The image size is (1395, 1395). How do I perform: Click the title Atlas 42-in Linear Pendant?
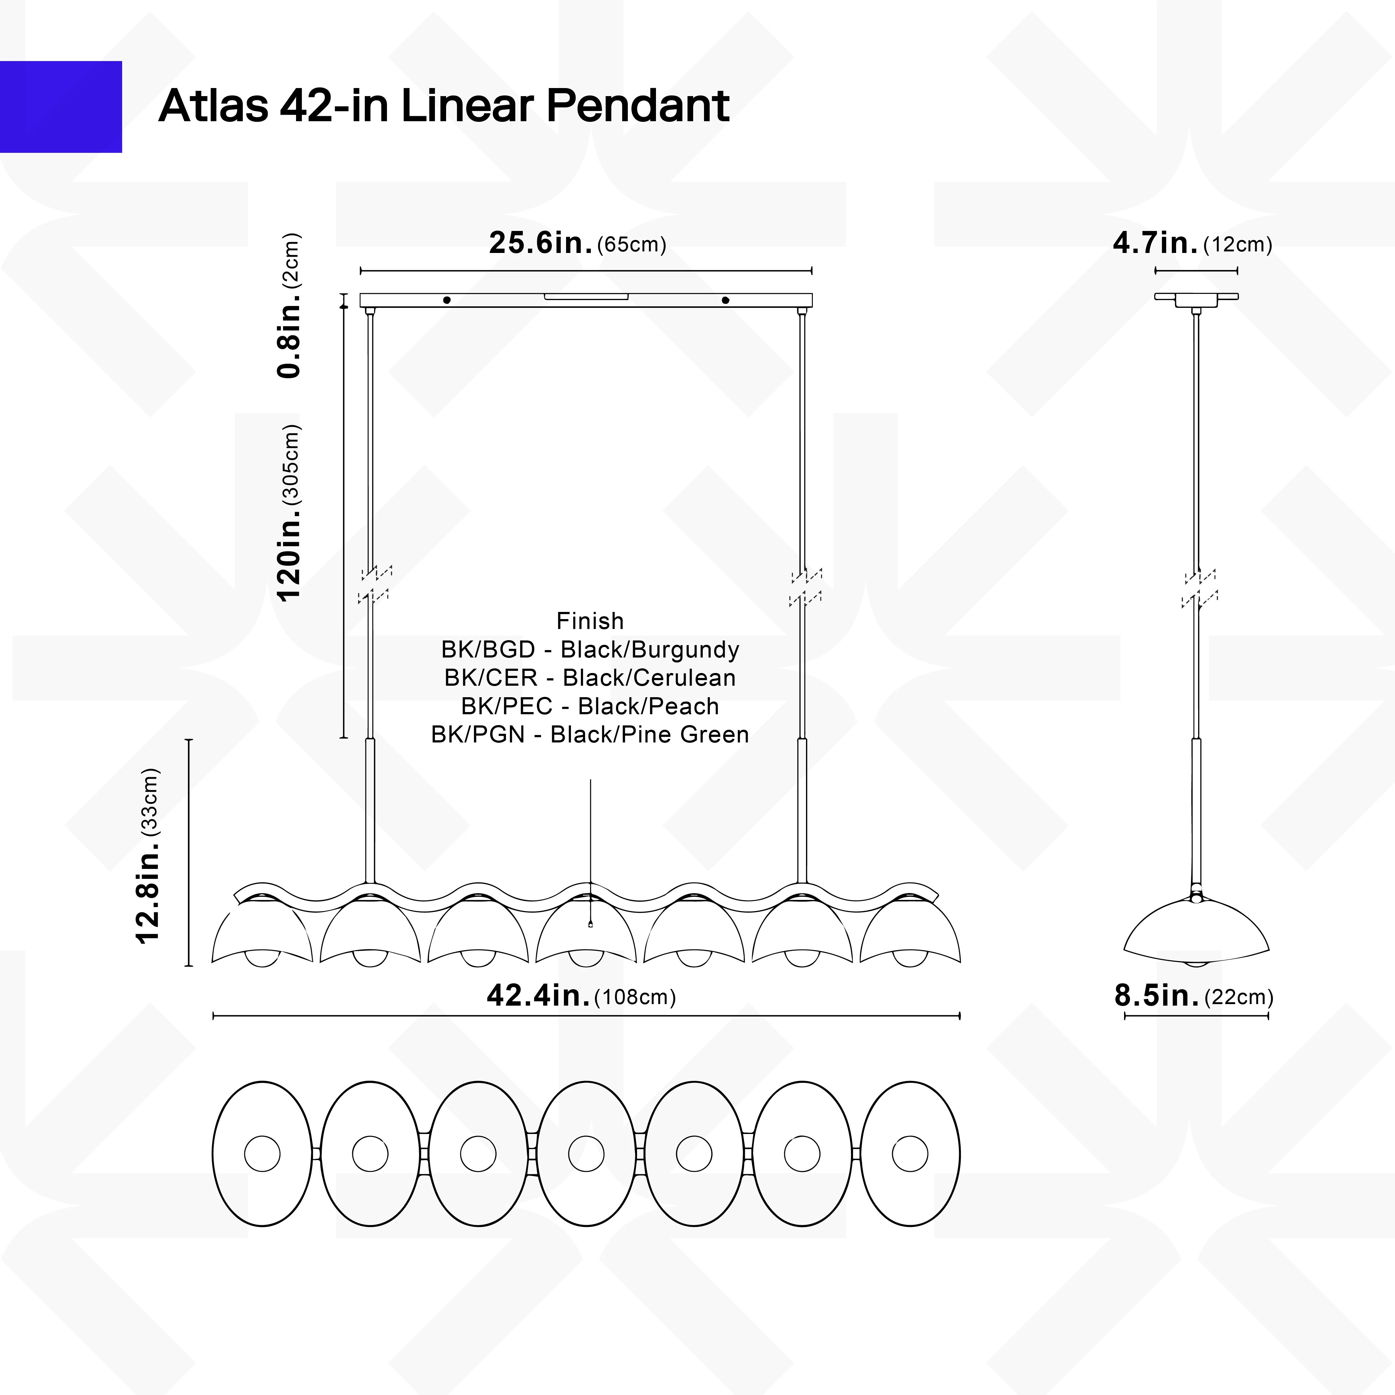click(443, 105)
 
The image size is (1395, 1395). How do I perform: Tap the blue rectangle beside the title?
click(61, 107)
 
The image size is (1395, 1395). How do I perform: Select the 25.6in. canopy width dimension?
click(577, 243)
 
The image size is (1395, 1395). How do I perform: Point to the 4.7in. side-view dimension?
click(1192, 243)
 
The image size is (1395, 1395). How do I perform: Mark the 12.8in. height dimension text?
click(147, 856)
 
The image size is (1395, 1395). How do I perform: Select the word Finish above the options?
click(590, 621)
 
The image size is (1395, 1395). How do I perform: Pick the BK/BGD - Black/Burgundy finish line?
click(590, 650)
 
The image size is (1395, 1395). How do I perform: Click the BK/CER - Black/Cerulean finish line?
click(590, 678)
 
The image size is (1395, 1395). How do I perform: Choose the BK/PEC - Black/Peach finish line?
click(590, 706)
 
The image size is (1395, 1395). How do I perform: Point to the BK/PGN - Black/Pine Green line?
click(590, 734)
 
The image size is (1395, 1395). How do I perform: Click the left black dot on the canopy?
click(447, 300)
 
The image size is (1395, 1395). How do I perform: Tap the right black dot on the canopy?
click(726, 300)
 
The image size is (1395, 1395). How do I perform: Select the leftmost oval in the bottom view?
click(262, 1154)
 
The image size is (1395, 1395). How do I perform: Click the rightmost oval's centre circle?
click(910, 1154)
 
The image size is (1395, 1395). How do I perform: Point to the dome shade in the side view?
click(1196, 932)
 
